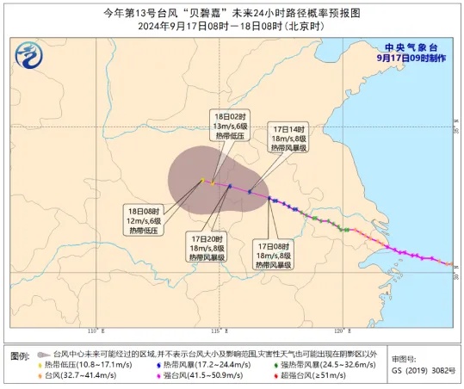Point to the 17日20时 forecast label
207,247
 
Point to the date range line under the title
232,26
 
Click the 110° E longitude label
94,330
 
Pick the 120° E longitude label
342,330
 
